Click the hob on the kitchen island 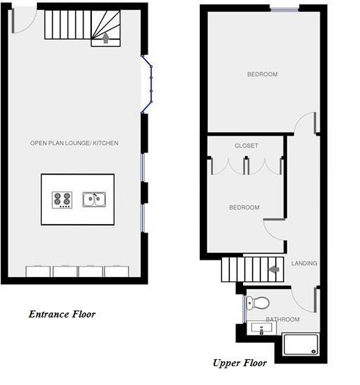(62, 200)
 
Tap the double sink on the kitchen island (94, 199)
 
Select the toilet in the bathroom (258, 303)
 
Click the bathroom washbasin (262, 328)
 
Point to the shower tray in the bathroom (301, 345)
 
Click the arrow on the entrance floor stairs (106, 38)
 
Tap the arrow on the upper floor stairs (274, 269)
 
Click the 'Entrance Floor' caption (62, 314)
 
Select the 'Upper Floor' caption (240, 363)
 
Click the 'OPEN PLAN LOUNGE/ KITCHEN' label (75, 143)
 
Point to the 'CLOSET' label (246, 146)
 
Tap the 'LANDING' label (304, 263)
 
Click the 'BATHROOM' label (283, 319)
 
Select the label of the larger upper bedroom (263, 74)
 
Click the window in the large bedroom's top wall (284, 9)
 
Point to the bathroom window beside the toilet (244, 309)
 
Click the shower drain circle (313, 352)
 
